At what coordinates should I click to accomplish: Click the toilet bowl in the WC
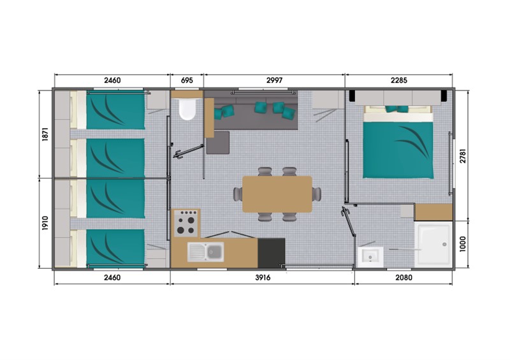(x=187, y=109)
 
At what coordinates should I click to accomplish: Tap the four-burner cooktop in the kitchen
(x=186, y=223)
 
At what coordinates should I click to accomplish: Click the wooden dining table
(x=277, y=194)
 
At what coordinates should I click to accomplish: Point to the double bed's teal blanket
(x=398, y=150)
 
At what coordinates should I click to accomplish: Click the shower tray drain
(x=444, y=244)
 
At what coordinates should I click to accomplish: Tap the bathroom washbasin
(x=370, y=257)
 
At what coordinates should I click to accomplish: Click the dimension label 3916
(x=263, y=277)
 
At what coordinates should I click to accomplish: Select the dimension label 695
(x=187, y=80)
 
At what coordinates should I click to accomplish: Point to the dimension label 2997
(x=275, y=80)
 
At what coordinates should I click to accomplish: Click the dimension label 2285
(x=399, y=80)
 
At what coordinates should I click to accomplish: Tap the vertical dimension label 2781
(x=463, y=155)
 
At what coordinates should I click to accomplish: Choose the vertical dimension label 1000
(x=463, y=244)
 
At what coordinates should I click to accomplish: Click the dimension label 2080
(x=404, y=277)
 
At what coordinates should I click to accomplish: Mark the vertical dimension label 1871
(x=45, y=134)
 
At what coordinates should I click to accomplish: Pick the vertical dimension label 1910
(x=45, y=223)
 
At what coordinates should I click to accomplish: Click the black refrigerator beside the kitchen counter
(x=272, y=253)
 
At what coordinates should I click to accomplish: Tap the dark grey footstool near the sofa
(x=218, y=143)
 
